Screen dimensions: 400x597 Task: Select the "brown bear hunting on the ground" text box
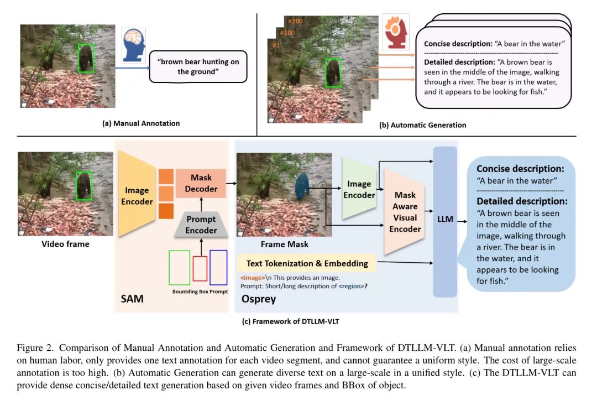pyautogui.click(x=198, y=66)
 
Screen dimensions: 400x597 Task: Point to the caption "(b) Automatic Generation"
pyautogui.click(x=422, y=125)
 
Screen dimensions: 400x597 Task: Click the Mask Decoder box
pyautogui.click(x=201, y=184)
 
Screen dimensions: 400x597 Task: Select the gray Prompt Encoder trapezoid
pyautogui.click(x=201, y=225)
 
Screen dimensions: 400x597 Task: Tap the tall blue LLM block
pyautogui.click(x=445, y=219)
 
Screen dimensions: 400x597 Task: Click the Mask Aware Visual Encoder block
pyautogui.click(x=405, y=212)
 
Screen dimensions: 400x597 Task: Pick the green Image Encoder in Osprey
pyautogui.click(x=359, y=189)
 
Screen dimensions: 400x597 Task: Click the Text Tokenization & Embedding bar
pyautogui.click(x=307, y=263)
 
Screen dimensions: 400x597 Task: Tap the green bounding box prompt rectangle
pyautogui.click(x=179, y=268)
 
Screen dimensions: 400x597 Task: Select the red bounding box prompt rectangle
pyautogui.click(x=200, y=269)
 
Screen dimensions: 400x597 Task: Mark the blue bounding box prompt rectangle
pyautogui.click(x=218, y=268)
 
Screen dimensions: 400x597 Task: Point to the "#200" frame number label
pyautogui.click(x=296, y=21)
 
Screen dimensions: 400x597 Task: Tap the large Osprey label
pyautogui.click(x=259, y=299)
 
